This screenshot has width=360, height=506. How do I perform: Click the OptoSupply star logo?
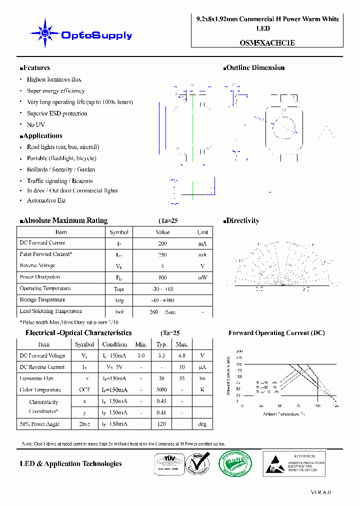tap(45, 33)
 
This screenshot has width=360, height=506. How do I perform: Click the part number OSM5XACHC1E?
tap(267, 42)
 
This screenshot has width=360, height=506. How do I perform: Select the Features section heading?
tap(35, 68)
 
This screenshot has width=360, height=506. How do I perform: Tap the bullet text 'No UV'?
tap(35, 124)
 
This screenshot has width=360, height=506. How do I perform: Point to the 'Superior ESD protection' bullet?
tap(56, 113)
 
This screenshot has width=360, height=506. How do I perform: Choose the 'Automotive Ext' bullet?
tap(46, 200)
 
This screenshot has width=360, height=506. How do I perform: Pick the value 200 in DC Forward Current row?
tap(162, 243)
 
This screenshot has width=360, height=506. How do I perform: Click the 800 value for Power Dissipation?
tap(162, 277)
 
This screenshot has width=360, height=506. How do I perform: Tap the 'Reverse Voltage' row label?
tap(37, 265)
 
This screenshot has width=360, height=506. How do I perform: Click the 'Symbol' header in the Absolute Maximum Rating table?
tap(119, 232)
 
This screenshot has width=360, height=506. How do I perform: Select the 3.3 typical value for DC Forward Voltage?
tap(161, 356)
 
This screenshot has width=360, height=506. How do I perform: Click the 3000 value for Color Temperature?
tap(161, 390)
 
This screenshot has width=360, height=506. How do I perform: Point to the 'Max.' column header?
tap(181, 344)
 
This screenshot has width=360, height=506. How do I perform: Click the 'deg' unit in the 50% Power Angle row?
tap(202, 424)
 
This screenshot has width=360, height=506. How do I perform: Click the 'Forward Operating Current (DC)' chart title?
tap(276, 333)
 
